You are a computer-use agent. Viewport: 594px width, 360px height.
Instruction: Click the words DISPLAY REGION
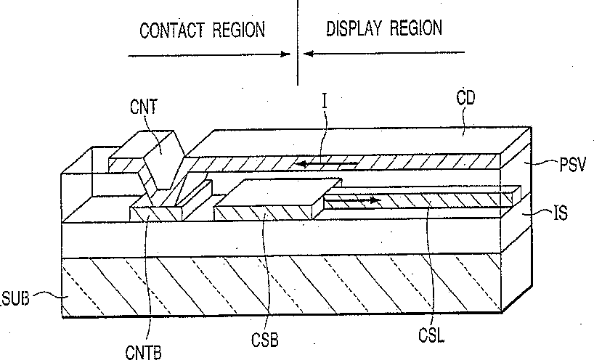pos(384,29)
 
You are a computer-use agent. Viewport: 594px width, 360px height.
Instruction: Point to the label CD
pos(465,98)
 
